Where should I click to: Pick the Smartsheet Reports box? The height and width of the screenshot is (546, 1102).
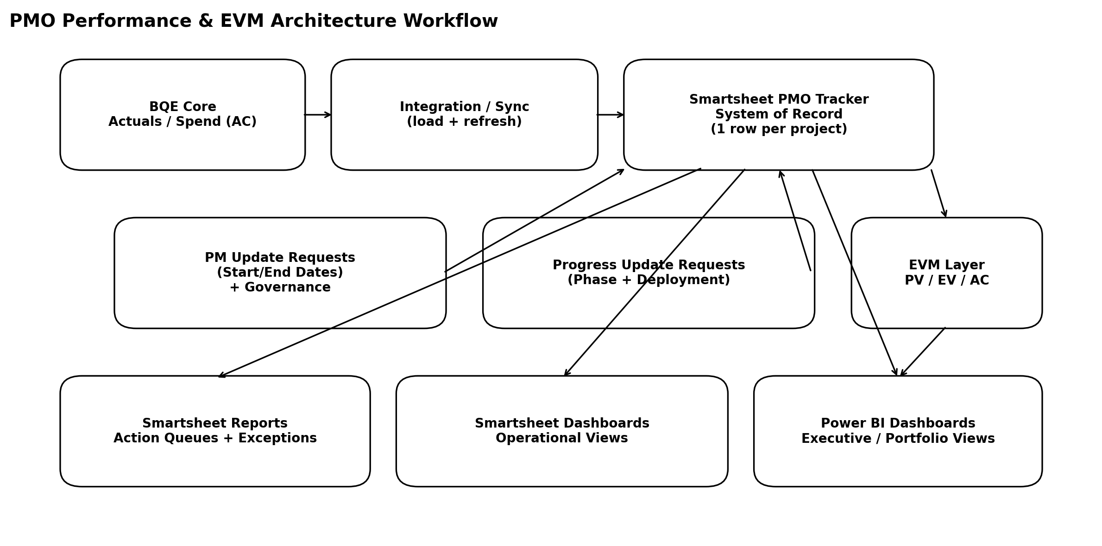(215, 458)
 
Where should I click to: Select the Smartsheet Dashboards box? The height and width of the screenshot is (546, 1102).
(561, 458)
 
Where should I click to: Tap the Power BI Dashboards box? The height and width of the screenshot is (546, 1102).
(898, 458)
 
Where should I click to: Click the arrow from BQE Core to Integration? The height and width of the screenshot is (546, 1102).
(318, 115)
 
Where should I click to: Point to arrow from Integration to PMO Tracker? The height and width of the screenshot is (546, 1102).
(610, 115)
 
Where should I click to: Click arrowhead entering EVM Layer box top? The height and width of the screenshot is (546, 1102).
(945, 213)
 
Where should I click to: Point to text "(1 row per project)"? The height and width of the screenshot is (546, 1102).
(779, 129)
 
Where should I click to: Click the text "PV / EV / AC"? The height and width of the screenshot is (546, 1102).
(946, 280)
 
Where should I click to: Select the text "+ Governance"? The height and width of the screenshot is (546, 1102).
(280, 287)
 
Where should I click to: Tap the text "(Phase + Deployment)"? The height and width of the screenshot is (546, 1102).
(649, 280)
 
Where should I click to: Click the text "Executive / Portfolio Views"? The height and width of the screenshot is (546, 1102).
(898, 438)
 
